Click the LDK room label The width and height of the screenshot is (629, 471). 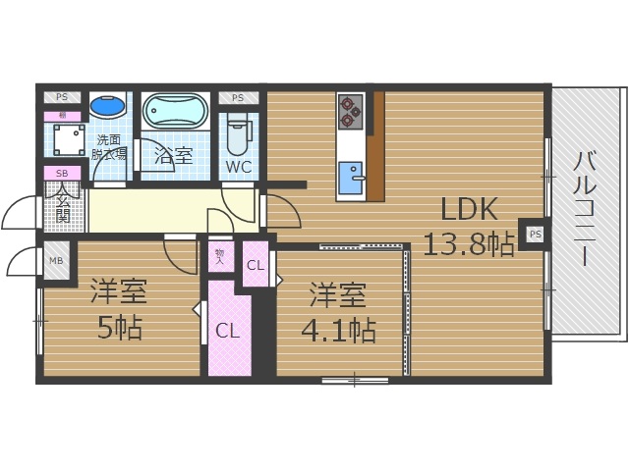(x=469, y=209)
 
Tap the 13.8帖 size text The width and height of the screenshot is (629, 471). (x=469, y=243)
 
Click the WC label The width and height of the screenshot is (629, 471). (x=239, y=167)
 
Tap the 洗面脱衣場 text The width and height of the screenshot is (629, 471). (x=109, y=147)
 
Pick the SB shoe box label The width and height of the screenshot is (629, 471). (x=61, y=175)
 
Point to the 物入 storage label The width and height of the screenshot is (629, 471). (x=219, y=257)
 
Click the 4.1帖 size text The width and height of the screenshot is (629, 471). (x=337, y=330)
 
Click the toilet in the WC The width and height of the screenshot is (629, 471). (x=239, y=132)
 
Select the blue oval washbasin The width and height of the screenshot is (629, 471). (x=107, y=105)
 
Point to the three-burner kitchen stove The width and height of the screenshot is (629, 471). (x=351, y=111)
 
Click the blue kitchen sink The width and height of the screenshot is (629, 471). (x=350, y=180)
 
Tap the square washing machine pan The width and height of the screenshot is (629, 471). (x=68, y=142)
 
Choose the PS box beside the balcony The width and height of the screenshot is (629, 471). (x=535, y=235)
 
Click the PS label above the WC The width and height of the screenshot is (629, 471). (x=239, y=98)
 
